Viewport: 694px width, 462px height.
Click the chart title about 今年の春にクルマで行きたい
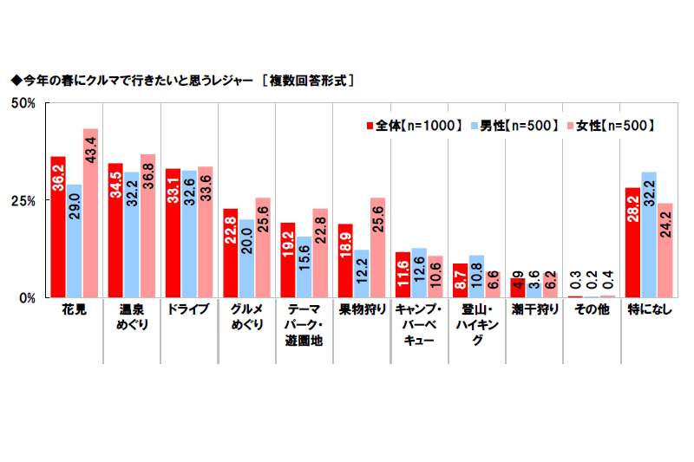[x=182, y=80]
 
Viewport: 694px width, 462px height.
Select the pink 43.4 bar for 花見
[x=90, y=213]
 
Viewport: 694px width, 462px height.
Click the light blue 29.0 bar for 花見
[x=74, y=241]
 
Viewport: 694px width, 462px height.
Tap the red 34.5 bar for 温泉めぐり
[x=115, y=231]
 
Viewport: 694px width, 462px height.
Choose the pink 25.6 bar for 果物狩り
[x=377, y=248]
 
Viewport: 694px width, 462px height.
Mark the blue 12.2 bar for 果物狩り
[x=361, y=274]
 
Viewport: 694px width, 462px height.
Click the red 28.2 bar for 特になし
[x=632, y=243]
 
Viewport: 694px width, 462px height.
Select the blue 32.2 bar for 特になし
[x=648, y=235]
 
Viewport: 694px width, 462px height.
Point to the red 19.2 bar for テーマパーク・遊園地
[x=287, y=260]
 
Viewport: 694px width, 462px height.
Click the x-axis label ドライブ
[x=187, y=309]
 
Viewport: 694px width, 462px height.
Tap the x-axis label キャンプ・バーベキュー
[x=419, y=325]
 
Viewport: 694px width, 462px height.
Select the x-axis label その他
[x=590, y=309]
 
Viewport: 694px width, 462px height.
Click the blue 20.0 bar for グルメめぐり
[x=246, y=258]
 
